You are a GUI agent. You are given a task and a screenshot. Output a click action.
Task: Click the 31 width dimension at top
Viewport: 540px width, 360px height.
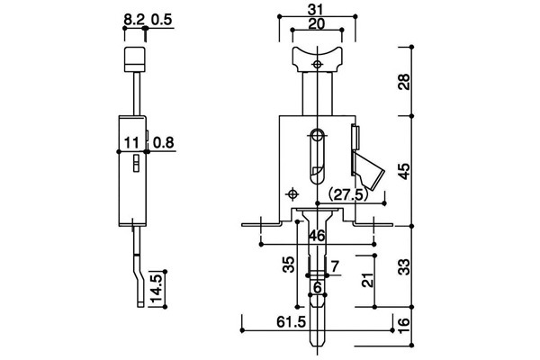pos(317,10)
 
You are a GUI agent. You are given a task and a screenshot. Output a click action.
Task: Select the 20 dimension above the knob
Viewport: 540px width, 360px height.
pos(317,24)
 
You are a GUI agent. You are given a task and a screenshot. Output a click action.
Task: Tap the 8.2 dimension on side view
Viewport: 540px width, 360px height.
pos(134,20)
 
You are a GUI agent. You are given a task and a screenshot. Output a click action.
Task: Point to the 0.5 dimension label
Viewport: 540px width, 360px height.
pos(161,20)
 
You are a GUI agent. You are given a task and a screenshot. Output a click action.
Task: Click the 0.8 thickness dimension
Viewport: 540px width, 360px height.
pos(164,142)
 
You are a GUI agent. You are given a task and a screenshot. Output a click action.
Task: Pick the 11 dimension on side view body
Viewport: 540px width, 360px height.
pos(131,142)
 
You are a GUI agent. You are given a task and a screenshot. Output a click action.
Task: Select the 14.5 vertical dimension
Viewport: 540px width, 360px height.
pos(157,289)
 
